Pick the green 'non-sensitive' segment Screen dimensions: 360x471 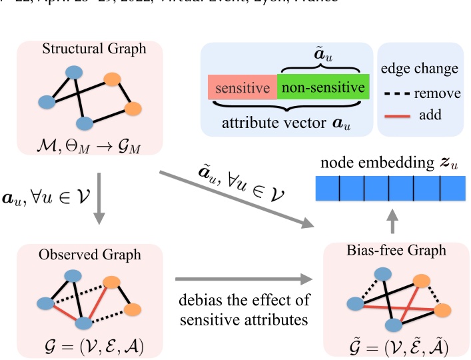tap(322, 88)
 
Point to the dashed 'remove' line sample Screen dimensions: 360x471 tap(398, 94)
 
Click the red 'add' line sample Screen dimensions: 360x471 tap(398, 115)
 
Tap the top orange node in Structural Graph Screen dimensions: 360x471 tap(112, 79)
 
